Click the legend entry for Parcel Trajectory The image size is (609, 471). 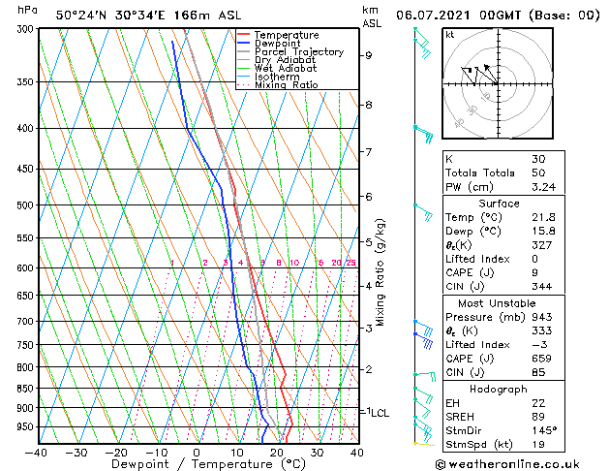[x=298, y=51]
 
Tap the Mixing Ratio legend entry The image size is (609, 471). [x=288, y=85]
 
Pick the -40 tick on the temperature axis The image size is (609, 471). [x=36, y=453]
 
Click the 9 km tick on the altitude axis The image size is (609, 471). [x=368, y=55]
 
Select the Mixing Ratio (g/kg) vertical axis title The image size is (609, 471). [x=381, y=272]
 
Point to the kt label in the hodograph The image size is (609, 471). [x=449, y=34]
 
